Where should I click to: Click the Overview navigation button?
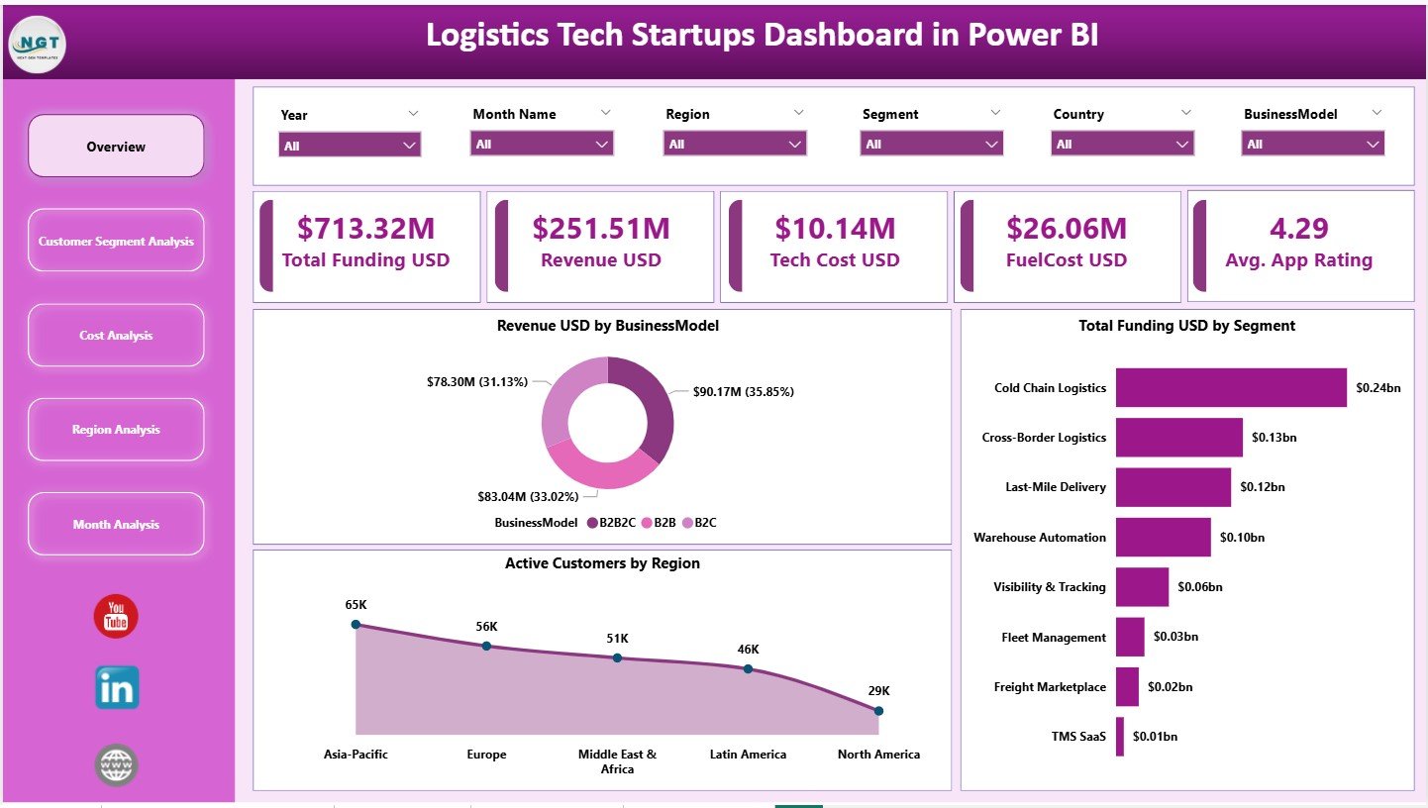tap(116, 147)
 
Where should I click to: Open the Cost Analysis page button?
tap(116, 336)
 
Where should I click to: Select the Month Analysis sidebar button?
tap(116, 524)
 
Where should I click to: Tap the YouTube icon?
tap(116, 617)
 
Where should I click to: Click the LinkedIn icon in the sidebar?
tap(117, 687)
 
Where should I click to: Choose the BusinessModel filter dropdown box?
tap(1313, 145)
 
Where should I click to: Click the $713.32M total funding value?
tap(365, 229)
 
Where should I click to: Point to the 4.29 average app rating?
tap(1298, 229)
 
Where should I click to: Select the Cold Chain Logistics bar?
tap(1230, 388)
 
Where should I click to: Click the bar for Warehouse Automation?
tap(1163, 538)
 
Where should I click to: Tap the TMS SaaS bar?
tap(1120, 737)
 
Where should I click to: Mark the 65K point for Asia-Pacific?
tap(356, 625)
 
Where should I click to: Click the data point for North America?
tap(878, 710)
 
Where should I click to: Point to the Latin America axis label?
tap(748, 755)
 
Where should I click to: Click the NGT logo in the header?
tap(37, 43)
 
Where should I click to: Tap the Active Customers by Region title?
tap(602, 563)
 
